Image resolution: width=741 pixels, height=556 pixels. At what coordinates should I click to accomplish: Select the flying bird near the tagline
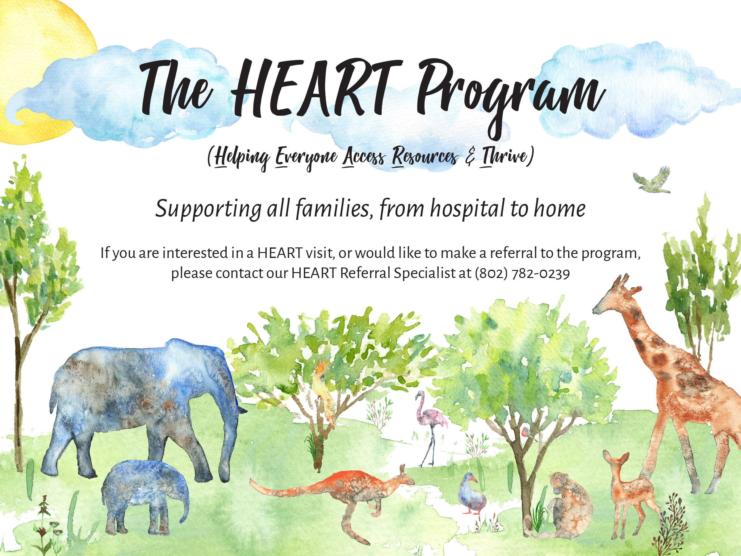pos(652,181)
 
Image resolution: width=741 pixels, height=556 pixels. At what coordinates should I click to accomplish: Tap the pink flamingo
pos(430,428)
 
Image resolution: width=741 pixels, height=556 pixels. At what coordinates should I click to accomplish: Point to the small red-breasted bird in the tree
pos(528,433)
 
